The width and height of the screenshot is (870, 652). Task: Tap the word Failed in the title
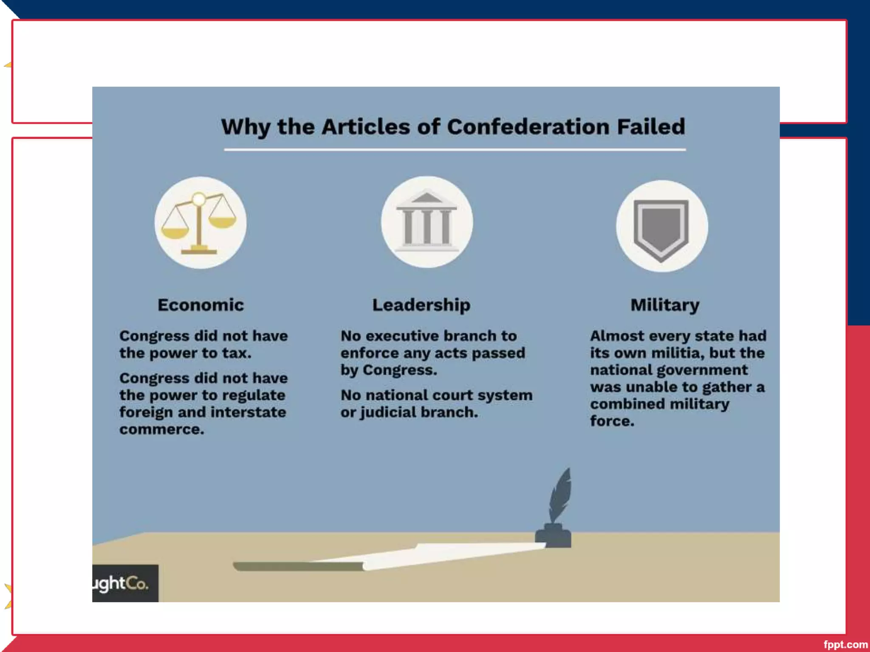651,127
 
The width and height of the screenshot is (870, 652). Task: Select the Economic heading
201,305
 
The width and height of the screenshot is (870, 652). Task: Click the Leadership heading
421,305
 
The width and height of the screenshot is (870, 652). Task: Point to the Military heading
664,305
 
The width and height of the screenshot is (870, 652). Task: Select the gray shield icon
661,228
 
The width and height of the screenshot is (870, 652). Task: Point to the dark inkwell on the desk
553,537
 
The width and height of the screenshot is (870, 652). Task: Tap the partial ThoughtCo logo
123,583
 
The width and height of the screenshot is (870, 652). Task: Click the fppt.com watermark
845,644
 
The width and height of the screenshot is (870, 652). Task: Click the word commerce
161,429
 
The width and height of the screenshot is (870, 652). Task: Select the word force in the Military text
612,421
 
